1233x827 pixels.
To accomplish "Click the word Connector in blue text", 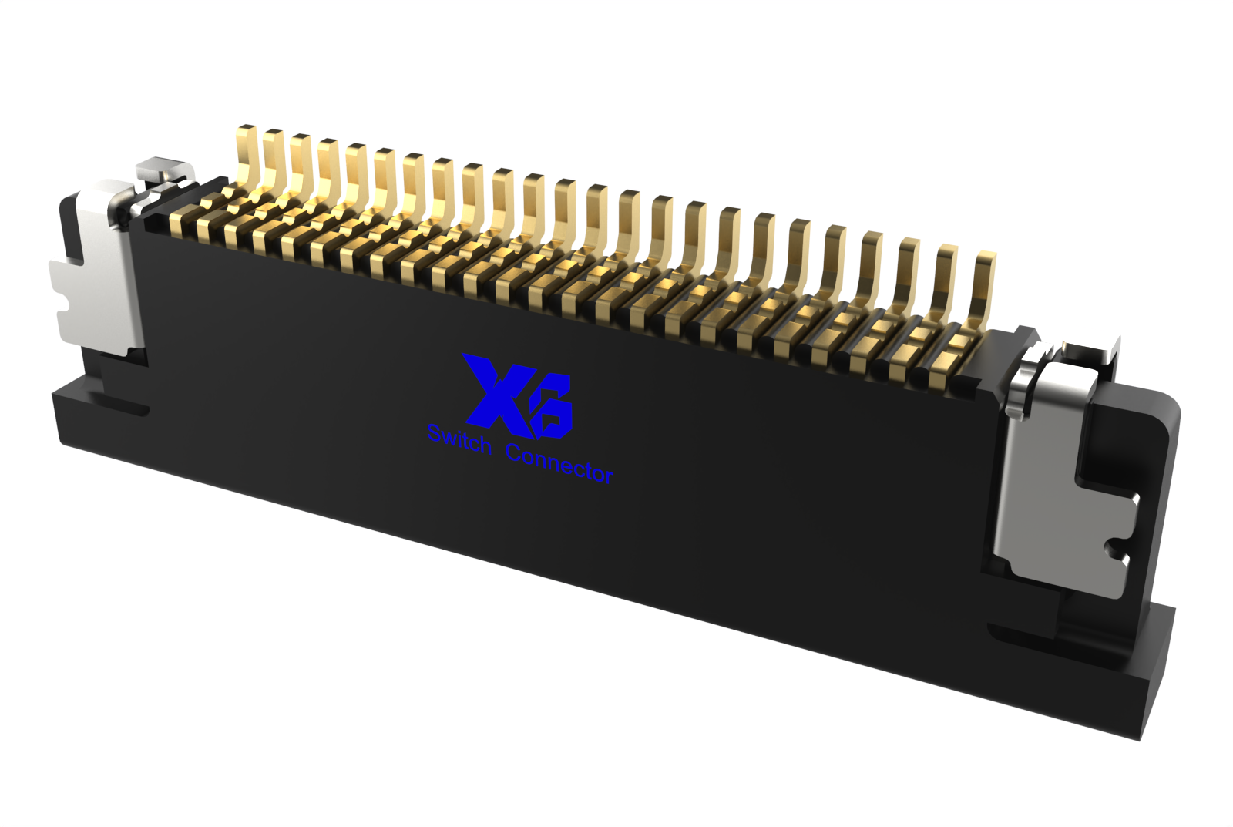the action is click(559, 466).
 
